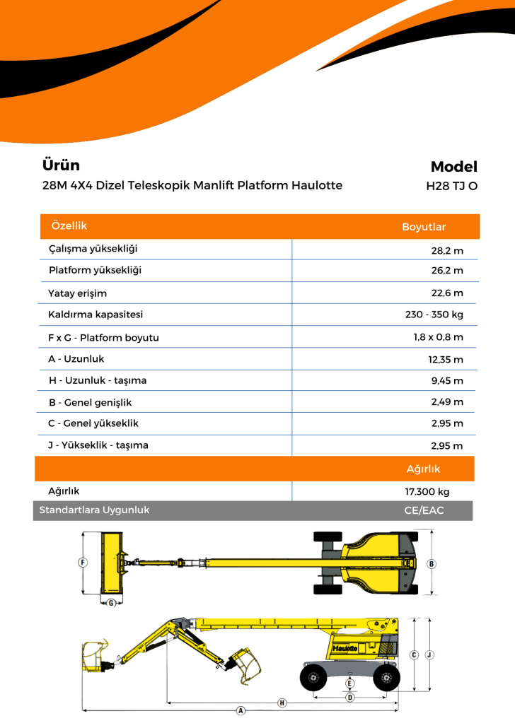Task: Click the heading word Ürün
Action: point(61,165)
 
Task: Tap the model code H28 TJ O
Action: point(451,187)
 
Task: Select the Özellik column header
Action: point(69,225)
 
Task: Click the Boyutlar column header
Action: point(424,227)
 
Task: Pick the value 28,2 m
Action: point(447,250)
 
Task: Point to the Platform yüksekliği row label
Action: point(95,271)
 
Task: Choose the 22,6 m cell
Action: point(447,293)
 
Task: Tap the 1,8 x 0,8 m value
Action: point(438,337)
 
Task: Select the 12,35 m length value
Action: point(446,359)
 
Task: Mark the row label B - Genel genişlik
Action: point(90,403)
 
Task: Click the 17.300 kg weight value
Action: point(427,492)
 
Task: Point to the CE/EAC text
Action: point(425,510)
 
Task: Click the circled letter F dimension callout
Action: point(83,563)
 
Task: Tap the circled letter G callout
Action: point(111,603)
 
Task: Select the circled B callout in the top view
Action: point(432,563)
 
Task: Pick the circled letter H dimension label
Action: point(282,703)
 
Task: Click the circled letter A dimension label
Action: point(241,710)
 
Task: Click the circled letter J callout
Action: point(429,654)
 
